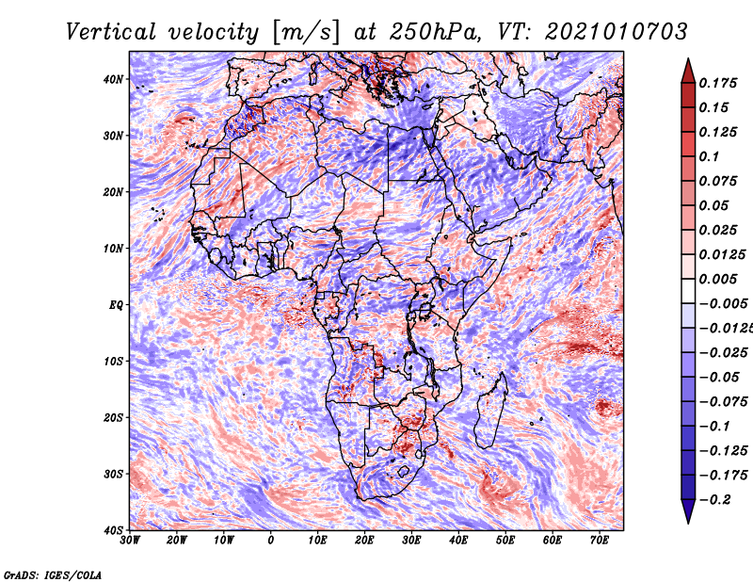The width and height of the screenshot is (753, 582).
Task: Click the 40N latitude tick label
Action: tap(113, 79)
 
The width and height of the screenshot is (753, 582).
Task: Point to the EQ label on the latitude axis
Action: tap(116, 305)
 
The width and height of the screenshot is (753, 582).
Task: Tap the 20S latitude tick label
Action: tap(113, 417)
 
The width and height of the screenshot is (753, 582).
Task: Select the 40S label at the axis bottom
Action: tap(113, 530)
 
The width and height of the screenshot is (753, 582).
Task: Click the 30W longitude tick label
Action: tap(130, 541)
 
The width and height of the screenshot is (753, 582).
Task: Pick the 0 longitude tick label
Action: tap(271, 541)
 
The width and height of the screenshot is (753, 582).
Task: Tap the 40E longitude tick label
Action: tap(458, 541)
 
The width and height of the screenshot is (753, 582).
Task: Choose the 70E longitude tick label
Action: tap(600, 541)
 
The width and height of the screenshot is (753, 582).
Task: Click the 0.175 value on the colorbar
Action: tap(718, 83)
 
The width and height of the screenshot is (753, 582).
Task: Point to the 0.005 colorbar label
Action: tap(718, 279)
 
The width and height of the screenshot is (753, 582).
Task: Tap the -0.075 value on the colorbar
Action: tap(723, 401)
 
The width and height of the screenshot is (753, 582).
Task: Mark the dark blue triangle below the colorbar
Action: tap(688, 509)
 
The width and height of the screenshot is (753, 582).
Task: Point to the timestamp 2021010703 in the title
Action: tap(617, 32)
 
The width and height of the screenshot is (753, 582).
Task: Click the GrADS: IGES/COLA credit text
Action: tap(53, 574)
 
